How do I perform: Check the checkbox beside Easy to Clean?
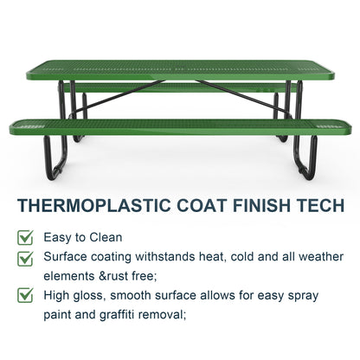tap(27, 236)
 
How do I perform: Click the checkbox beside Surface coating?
tap(27, 257)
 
